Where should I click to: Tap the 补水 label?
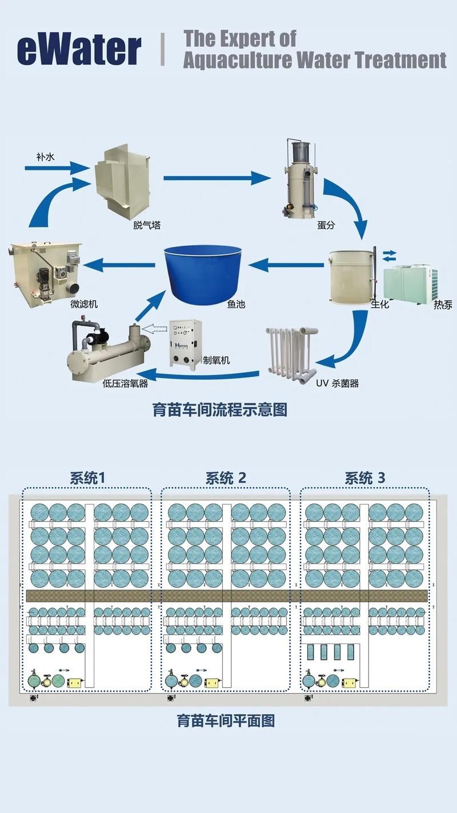44,156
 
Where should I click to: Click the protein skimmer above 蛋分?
300,180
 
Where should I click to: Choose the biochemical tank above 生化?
350,276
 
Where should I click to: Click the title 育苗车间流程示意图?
219,410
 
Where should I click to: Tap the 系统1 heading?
87,478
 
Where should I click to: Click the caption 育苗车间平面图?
226,720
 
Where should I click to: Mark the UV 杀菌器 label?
338,383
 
